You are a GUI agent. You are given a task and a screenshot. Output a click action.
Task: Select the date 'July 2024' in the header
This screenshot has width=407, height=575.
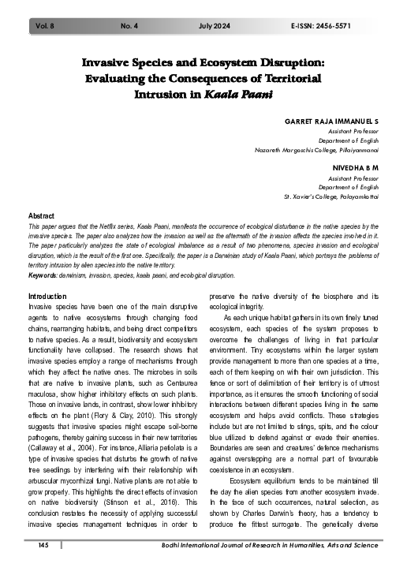[220, 26]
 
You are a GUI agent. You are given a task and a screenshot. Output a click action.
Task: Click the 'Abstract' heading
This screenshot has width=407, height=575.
[41, 215]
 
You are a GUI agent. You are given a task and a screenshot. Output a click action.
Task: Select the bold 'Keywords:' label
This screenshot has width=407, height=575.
[46, 276]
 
